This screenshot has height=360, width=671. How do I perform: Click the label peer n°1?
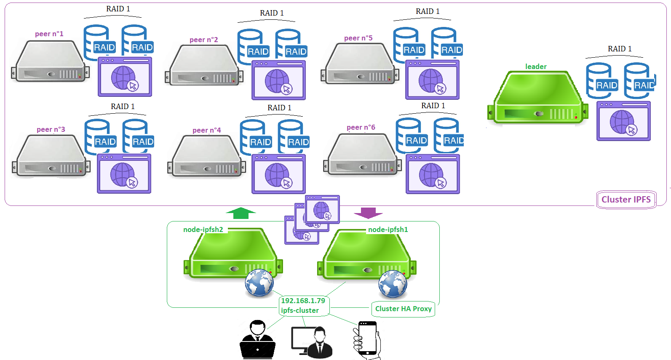coord(49,34)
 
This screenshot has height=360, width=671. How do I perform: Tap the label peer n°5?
coord(358,38)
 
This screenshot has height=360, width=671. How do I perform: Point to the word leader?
coord(536,67)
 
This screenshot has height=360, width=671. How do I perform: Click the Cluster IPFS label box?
coord(626,200)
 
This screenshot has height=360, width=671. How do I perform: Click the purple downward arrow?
coord(368,213)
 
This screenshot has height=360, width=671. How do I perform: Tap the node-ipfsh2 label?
coord(203,229)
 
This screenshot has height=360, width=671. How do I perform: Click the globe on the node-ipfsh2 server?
coord(259,283)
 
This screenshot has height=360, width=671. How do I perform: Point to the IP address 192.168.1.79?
coord(303,301)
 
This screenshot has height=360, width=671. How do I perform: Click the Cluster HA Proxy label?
coord(403,309)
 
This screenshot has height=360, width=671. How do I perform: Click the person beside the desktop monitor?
coord(320,343)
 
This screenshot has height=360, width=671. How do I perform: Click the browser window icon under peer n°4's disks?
coord(278,174)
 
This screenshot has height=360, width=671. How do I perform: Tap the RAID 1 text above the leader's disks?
coord(619,49)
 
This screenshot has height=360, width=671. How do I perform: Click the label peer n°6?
coord(361,127)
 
